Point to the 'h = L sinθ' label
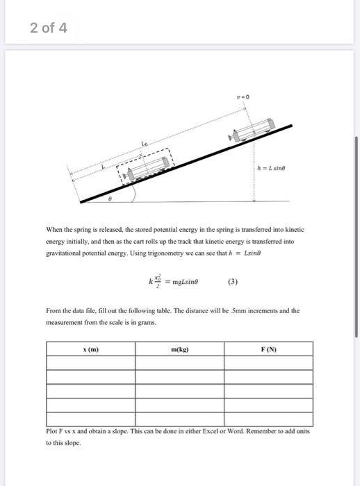[272, 166]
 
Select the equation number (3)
[235, 282]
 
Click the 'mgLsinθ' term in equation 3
[180, 283]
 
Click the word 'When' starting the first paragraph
[55, 228]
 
